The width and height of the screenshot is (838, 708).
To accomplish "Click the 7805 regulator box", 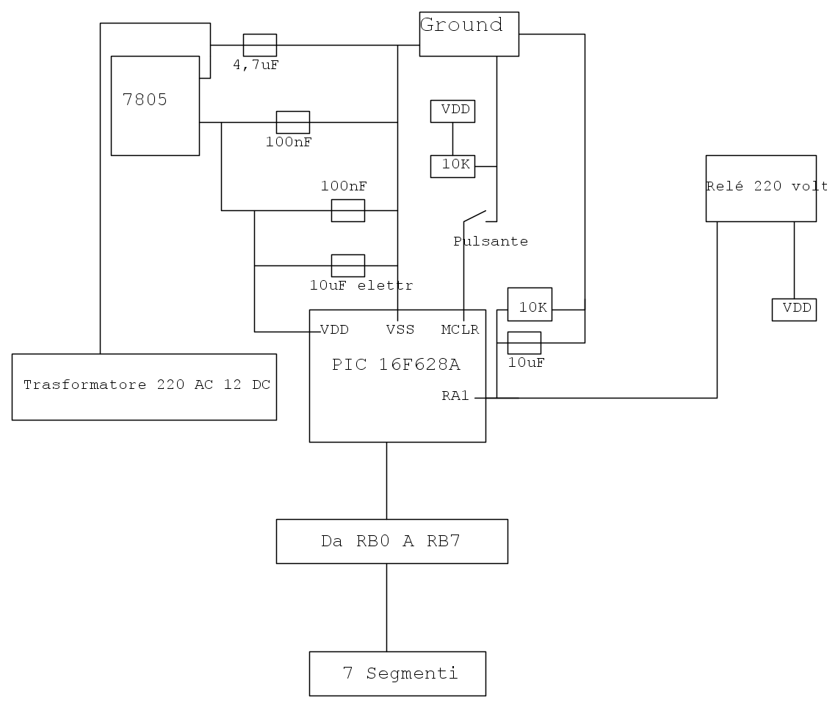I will [155, 105].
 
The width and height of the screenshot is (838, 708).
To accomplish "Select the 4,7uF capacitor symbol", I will [259, 45].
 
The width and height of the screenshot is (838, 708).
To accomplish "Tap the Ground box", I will [469, 33].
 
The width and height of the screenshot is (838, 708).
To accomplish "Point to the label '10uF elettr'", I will [361, 285].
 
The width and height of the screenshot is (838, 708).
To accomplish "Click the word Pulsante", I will [491, 241].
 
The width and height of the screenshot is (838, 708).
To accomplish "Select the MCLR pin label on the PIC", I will [460, 329].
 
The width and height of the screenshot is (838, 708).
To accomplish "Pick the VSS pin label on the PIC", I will [400, 329].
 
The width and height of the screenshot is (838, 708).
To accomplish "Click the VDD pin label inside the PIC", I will [334, 329].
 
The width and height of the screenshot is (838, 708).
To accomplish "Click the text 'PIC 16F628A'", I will [397, 365].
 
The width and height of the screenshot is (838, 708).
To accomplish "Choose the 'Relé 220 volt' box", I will [761, 187].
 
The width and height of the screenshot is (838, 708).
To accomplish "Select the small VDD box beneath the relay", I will [794, 310].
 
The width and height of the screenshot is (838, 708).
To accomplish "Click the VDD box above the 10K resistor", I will [452, 111].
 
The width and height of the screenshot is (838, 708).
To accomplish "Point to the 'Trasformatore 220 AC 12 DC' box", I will [144, 386].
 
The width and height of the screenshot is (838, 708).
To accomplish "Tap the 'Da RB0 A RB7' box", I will [391, 541].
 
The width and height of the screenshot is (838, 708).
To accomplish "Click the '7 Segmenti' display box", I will [397, 673].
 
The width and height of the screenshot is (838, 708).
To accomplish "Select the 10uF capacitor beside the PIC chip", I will [524, 343].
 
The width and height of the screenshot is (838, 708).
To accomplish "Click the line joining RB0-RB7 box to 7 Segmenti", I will [386, 607].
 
